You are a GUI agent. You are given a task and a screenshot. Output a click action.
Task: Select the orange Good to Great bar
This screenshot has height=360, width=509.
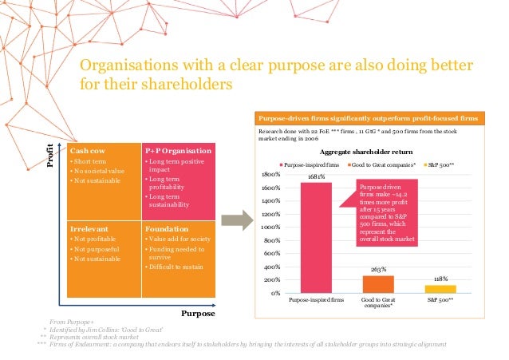(378, 284)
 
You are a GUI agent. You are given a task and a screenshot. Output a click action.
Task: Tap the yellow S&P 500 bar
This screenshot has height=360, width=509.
(440, 289)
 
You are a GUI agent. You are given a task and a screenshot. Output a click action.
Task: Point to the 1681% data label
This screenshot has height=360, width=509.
(316, 177)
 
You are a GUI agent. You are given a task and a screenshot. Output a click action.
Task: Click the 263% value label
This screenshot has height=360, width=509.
(378, 271)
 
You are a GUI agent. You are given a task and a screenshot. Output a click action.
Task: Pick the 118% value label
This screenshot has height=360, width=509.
(440, 279)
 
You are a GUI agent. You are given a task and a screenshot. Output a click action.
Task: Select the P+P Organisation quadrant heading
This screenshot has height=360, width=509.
(177, 150)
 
